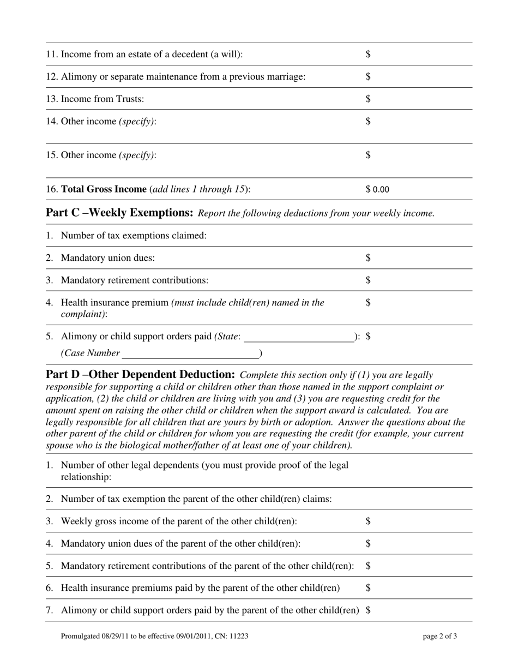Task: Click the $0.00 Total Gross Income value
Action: click(377, 190)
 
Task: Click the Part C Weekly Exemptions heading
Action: click(119, 212)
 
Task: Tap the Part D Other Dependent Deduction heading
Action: click(140, 374)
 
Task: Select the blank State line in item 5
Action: click(299, 338)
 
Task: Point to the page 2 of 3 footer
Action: click(440, 636)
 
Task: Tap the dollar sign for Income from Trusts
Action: click(368, 99)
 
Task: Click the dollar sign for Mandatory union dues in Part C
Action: click(368, 257)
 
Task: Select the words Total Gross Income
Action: click(104, 189)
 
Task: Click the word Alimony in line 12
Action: click(77, 77)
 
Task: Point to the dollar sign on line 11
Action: click(368, 54)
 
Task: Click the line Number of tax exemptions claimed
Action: click(134, 235)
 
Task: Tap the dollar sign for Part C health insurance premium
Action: click(368, 302)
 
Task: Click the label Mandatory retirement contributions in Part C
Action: click(134, 280)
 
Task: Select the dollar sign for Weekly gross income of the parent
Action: click(368, 521)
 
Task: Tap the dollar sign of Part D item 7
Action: click(368, 610)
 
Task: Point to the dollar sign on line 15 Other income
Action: click(368, 155)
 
